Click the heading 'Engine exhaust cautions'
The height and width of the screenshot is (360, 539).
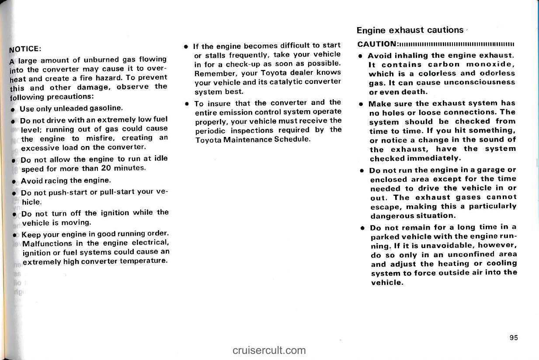point(410,30)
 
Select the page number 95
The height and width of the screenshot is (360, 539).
point(513,337)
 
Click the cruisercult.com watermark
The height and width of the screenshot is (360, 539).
point(269,350)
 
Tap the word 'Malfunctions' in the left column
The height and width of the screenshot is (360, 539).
point(46,243)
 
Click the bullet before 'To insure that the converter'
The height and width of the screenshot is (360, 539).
point(187,104)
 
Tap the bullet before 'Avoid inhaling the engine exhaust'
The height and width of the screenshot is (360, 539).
point(359,56)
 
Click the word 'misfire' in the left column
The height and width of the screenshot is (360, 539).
point(99,139)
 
